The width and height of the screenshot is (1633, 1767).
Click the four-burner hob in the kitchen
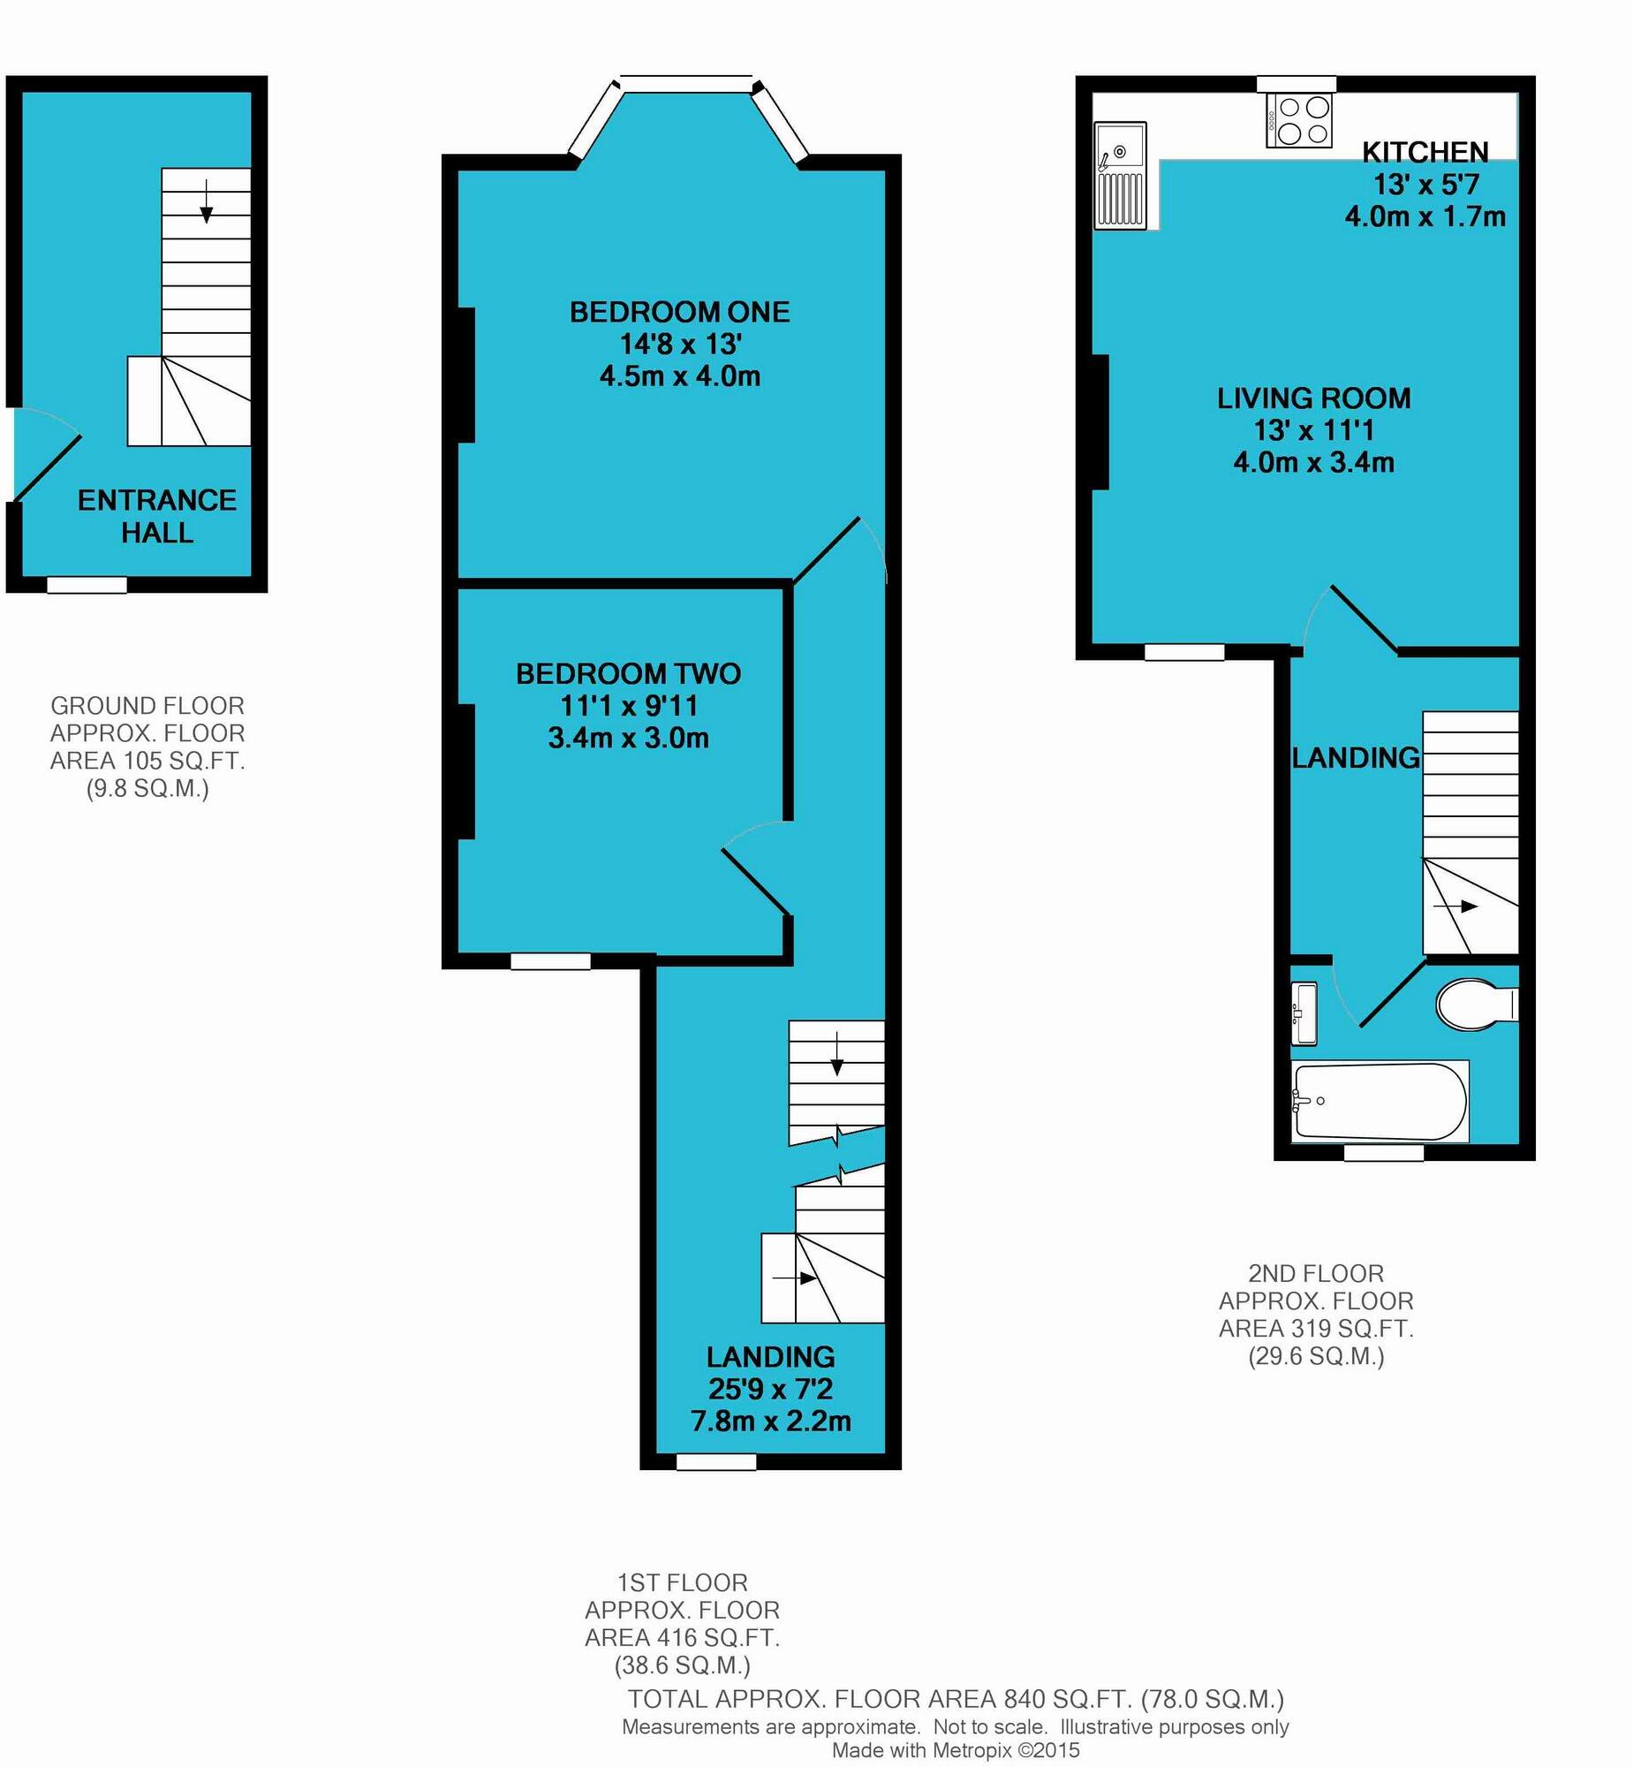point(1298,121)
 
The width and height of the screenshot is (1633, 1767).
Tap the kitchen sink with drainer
point(1120,176)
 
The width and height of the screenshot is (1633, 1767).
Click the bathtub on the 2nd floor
point(1379,1102)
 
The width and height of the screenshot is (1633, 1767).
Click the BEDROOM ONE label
point(678,312)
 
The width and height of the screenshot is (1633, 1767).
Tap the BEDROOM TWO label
point(627,674)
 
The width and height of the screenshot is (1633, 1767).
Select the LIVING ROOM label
point(1313,398)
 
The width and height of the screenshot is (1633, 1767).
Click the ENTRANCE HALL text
point(156,516)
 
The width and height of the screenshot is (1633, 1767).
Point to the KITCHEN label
point(1425,153)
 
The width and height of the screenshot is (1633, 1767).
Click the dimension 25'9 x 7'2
point(769,1389)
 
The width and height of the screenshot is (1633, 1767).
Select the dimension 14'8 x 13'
point(678,344)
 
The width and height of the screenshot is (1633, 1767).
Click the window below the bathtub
point(1383,1153)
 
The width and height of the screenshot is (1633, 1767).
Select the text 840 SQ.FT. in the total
point(1068,1699)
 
